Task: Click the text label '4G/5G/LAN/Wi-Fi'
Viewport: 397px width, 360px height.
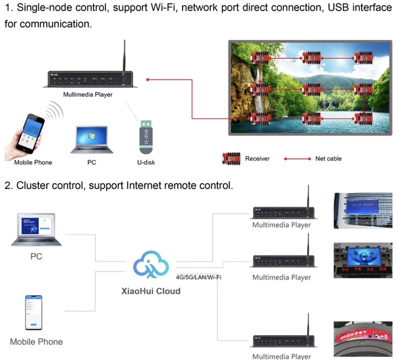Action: (198, 277)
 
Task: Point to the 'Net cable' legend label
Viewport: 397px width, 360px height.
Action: (328, 159)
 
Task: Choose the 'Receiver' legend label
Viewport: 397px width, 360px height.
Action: (257, 159)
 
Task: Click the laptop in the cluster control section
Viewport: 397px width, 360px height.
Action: (36, 230)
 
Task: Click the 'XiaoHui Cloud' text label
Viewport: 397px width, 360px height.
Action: (151, 291)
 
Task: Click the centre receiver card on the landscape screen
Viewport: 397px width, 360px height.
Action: (311, 89)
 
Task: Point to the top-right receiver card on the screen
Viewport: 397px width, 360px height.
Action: (364, 58)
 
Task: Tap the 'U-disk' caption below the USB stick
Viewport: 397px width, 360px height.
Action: (146, 162)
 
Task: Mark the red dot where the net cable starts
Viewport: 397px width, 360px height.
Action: (148, 79)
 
